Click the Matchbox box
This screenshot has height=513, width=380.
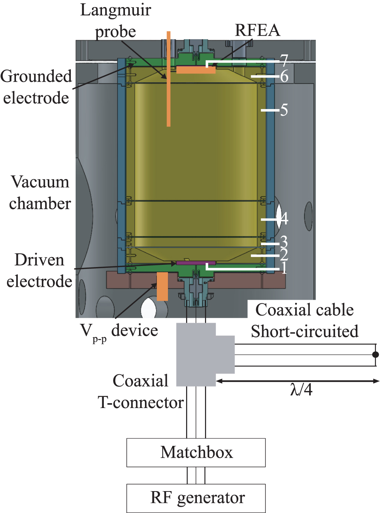tap(196, 452)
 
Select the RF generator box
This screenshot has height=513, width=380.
tap(196, 498)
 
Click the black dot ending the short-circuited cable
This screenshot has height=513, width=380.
tap(375, 355)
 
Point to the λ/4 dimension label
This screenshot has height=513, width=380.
tap(301, 390)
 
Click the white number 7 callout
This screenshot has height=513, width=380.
tap(284, 60)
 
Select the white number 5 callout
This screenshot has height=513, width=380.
tap(284, 110)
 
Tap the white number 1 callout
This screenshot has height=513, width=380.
tap(284, 268)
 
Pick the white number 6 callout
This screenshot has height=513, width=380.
tap(284, 76)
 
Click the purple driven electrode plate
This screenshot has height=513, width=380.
tap(195, 263)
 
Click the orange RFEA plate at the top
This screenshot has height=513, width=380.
tap(195, 70)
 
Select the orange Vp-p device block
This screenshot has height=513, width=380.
tap(162, 286)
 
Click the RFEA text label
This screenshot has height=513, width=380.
tap(257, 30)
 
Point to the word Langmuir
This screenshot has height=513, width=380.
tap(116, 10)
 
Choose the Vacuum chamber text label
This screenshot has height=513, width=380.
tap(40, 193)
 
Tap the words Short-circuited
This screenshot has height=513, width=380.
tap(304, 331)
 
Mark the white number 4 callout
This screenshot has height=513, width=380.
tap(284, 218)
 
